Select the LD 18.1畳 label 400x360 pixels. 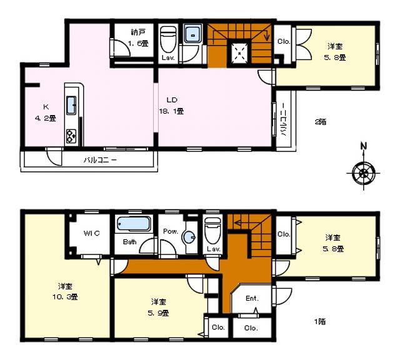click(174, 105)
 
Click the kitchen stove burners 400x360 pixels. click(71, 134)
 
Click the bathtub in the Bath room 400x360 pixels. click(132, 223)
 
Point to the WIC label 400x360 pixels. click(92, 233)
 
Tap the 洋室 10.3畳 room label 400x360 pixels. click(60, 293)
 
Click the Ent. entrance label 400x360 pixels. click(252, 298)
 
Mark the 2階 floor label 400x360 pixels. click(321, 122)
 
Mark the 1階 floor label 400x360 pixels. click(320, 322)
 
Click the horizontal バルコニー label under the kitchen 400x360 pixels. click(100, 160)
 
